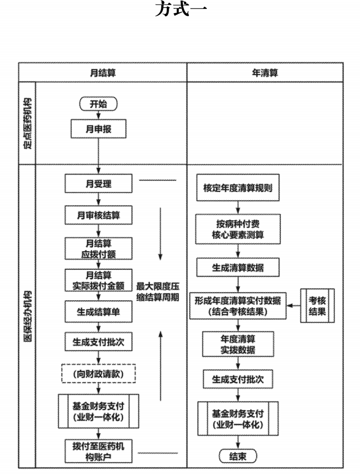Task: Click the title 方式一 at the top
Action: pyautogui.click(x=180, y=10)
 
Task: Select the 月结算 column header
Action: pyautogui.click(x=103, y=73)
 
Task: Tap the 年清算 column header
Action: pyautogui.click(x=264, y=73)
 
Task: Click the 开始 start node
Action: pyautogui.click(x=98, y=104)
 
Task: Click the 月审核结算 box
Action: pyautogui.click(x=98, y=215)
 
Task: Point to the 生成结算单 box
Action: pyautogui.click(x=98, y=311)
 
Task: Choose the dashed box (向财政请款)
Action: pyautogui.click(x=98, y=374)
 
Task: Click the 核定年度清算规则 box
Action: pyautogui.click(x=238, y=187)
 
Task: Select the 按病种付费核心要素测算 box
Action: pyautogui.click(x=238, y=229)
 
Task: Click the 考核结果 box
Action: pyautogui.click(x=317, y=305)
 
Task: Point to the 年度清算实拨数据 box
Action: pyautogui.click(x=238, y=344)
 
